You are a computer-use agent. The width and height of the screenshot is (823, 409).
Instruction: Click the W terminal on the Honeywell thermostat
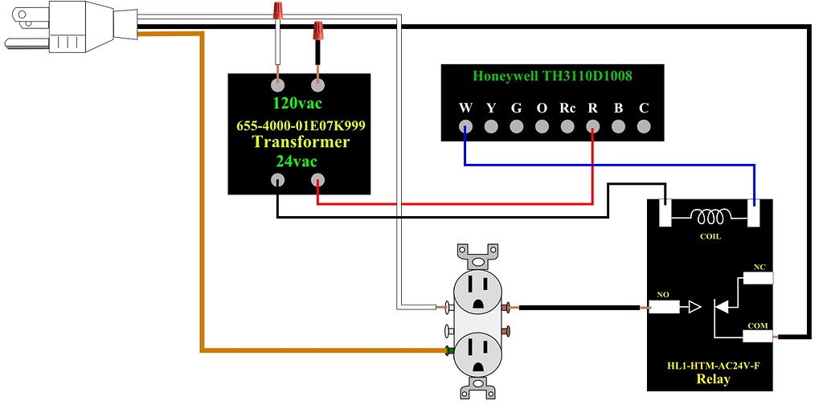point(465,126)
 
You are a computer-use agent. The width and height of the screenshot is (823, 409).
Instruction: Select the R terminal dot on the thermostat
point(593,126)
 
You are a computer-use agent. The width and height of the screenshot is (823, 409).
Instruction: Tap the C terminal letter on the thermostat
point(643,108)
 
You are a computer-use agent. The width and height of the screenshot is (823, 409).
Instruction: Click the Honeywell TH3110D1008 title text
point(552,76)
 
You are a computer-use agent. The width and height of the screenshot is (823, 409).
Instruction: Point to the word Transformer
point(301,142)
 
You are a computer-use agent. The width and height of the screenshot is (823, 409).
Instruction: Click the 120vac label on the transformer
point(299,104)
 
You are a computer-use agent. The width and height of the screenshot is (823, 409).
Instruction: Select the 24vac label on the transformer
point(299,161)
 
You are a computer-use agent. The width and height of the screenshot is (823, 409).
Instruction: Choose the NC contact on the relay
point(758,278)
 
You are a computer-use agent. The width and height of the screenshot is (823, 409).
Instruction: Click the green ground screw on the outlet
point(446,350)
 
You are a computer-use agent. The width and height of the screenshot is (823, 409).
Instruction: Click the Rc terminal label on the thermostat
point(567,108)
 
